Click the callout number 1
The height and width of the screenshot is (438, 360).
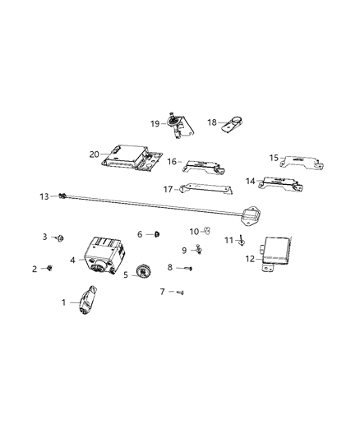[x=63, y=302]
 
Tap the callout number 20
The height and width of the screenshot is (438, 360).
[x=95, y=152]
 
